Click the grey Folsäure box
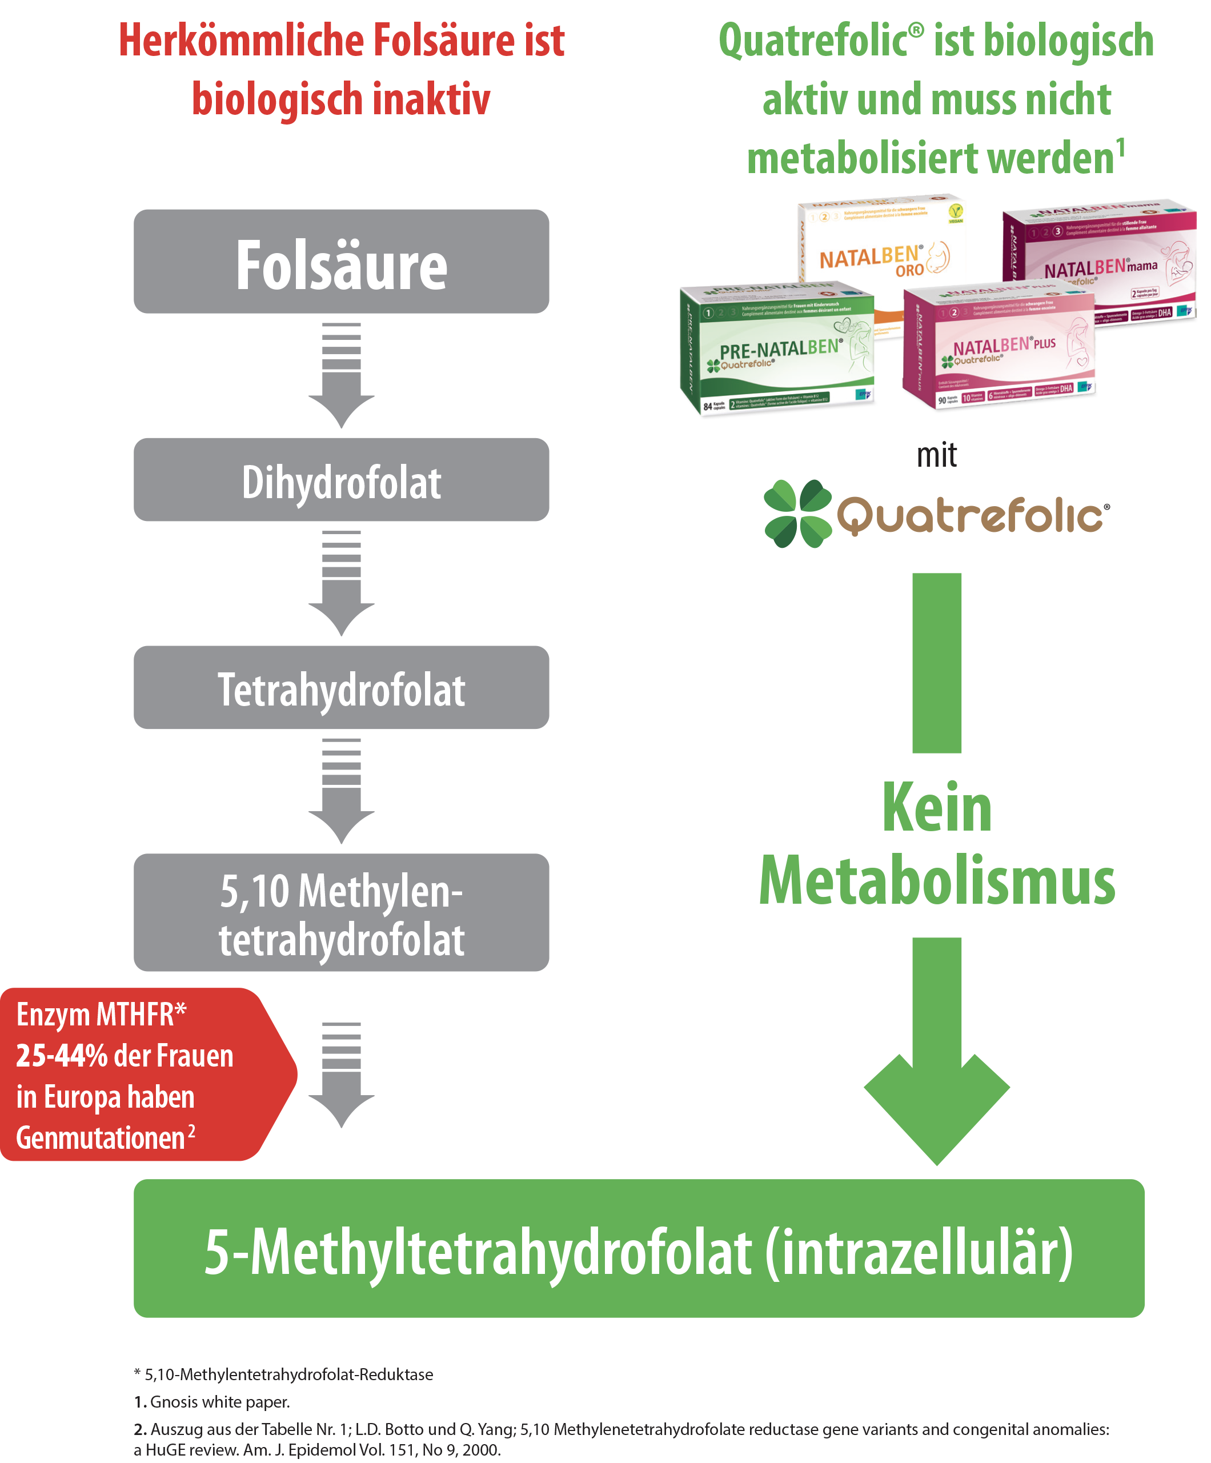pos(342,261)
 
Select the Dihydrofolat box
pos(342,479)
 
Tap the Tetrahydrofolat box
pos(342,688)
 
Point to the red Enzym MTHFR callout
pos(139,1073)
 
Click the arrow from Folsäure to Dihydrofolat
pos(342,376)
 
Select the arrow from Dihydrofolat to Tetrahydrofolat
pos(342,584)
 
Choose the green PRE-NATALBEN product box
pos(777,348)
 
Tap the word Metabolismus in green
pos(936,881)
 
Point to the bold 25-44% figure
pos(61,1056)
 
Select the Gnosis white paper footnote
pos(212,1401)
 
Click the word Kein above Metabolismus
pos(936,808)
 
